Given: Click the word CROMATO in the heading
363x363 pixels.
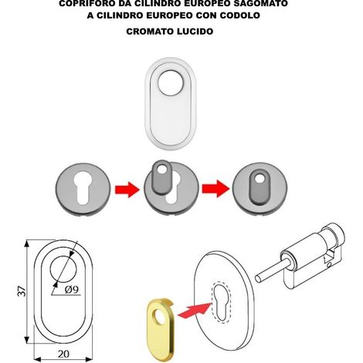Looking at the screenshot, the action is pyautogui.click(x=150, y=32).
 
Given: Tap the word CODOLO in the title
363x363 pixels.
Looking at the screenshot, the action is pyautogui.click(x=240, y=15).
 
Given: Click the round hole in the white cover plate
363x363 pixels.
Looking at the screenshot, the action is pyautogui.click(x=171, y=83).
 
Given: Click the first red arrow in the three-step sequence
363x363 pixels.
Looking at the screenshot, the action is pyautogui.click(x=127, y=189).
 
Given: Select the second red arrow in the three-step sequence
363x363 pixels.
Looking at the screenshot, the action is pyautogui.click(x=215, y=189).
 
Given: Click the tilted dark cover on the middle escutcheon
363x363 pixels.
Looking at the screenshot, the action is pyautogui.click(x=161, y=177).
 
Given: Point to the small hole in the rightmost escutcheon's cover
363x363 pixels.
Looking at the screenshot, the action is pyautogui.click(x=260, y=178).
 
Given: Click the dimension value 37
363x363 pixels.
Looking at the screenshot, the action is pyautogui.click(x=22, y=291).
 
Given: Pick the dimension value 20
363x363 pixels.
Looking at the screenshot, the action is pyautogui.click(x=63, y=354).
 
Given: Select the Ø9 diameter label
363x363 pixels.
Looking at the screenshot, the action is pyautogui.click(x=72, y=290).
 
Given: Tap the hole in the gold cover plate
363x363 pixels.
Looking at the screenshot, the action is pyautogui.click(x=160, y=317).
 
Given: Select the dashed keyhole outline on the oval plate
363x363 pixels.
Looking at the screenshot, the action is pyautogui.click(x=221, y=302).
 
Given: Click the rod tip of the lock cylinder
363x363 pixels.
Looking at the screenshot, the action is pyautogui.click(x=258, y=278).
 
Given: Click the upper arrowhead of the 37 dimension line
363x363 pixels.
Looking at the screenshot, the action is pyautogui.click(x=27, y=243).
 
